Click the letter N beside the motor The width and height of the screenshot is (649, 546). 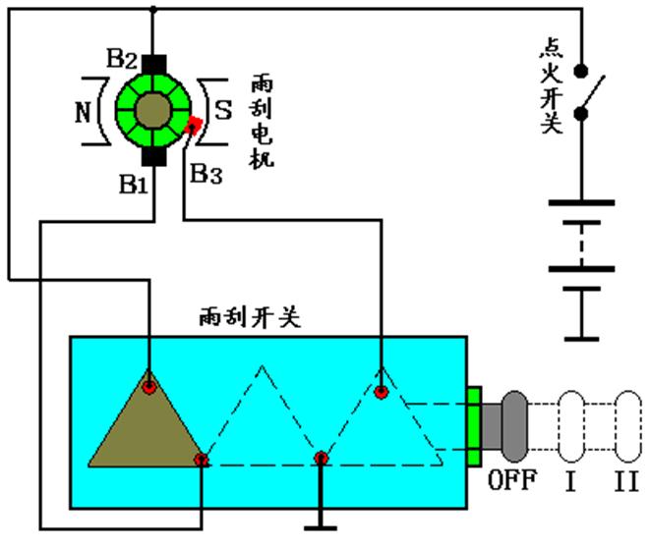click(85, 109)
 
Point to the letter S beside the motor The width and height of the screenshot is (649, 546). click(223, 109)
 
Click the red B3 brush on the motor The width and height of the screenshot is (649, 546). click(195, 126)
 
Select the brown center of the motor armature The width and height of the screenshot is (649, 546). click(152, 109)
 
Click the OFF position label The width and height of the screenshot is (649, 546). click(512, 482)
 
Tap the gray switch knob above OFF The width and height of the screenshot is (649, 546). click(513, 427)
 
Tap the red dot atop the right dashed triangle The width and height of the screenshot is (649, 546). click(380, 391)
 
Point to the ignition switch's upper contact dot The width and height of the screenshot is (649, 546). click(581, 72)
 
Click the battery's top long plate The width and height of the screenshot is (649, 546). click(580, 202)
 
